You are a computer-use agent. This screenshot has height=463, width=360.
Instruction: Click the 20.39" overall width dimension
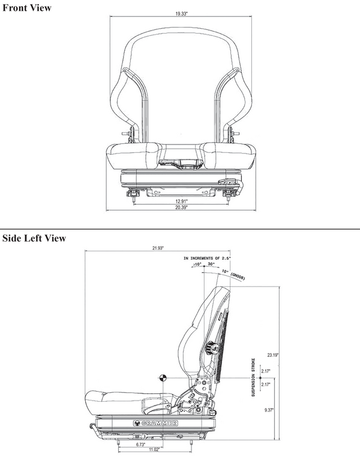pos(181,208)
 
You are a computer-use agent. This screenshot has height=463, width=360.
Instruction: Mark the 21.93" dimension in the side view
pos(158,248)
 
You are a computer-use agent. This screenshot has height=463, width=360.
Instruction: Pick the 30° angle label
pos(211,264)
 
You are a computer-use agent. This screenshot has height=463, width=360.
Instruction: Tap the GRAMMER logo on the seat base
pos(159,423)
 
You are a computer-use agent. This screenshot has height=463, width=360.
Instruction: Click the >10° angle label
pos(197,264)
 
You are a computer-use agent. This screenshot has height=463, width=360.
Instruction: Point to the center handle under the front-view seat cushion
pos(179,162)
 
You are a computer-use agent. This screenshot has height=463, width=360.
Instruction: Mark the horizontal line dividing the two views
pos(180,229)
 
